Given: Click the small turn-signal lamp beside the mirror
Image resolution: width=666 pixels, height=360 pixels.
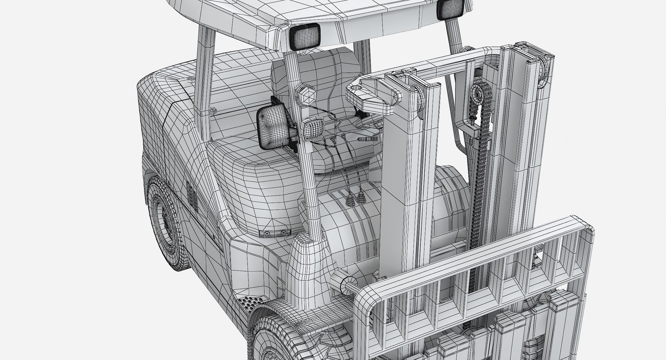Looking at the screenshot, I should [x=314, y=129].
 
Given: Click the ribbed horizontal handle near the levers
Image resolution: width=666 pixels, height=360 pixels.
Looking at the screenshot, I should [x=367, y=139].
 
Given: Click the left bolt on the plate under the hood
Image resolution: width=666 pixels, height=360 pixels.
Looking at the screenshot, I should [x=266, y=233].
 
